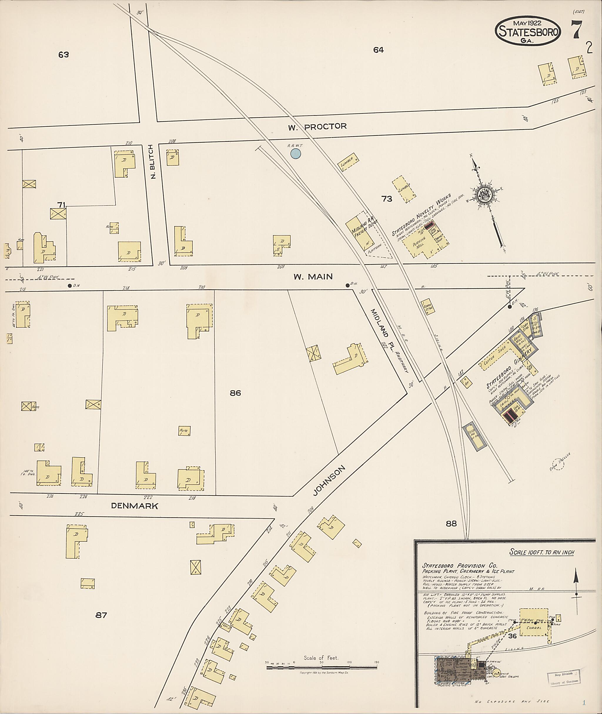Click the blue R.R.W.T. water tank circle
(295, 154)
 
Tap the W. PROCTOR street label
(317, 127)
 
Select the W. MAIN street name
(313, 276)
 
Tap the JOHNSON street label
(329, 481)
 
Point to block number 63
(63, 54)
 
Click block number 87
(101, 615)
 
